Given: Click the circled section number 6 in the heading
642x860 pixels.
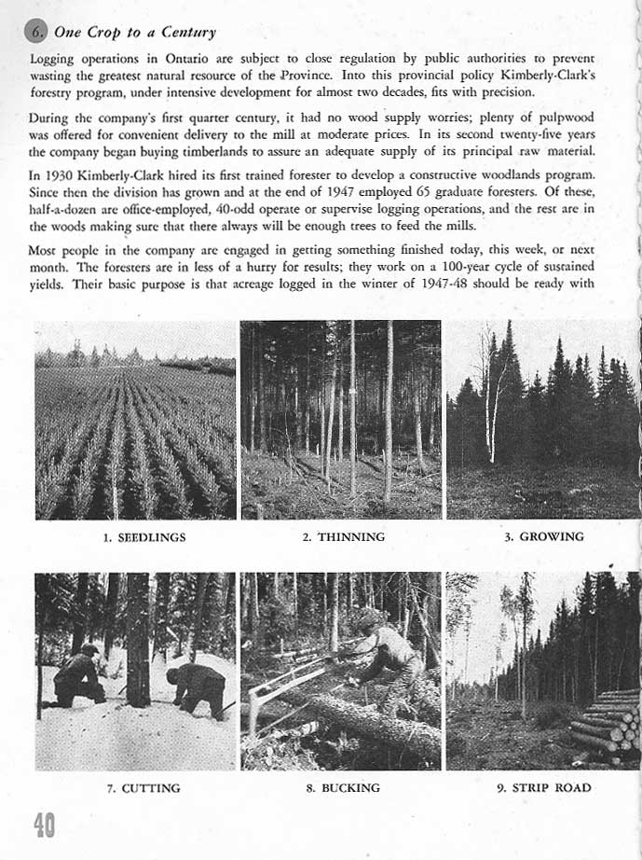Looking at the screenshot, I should point(37,32).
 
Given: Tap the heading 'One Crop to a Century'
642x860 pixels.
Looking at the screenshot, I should point(135,32).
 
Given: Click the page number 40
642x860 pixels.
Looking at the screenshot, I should point(43,825).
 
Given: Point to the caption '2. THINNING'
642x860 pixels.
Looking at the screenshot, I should point(344,537).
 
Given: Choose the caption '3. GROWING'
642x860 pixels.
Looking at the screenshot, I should point(544,536).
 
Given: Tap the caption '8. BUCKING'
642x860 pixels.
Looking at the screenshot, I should point(343,788).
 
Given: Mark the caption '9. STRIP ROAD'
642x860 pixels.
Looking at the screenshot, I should point(545,788).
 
